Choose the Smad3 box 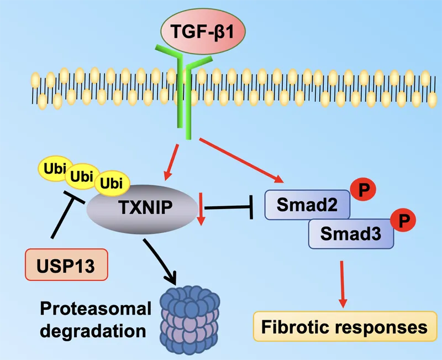[x=350, y=233]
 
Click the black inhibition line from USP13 [x=64, y=216]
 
